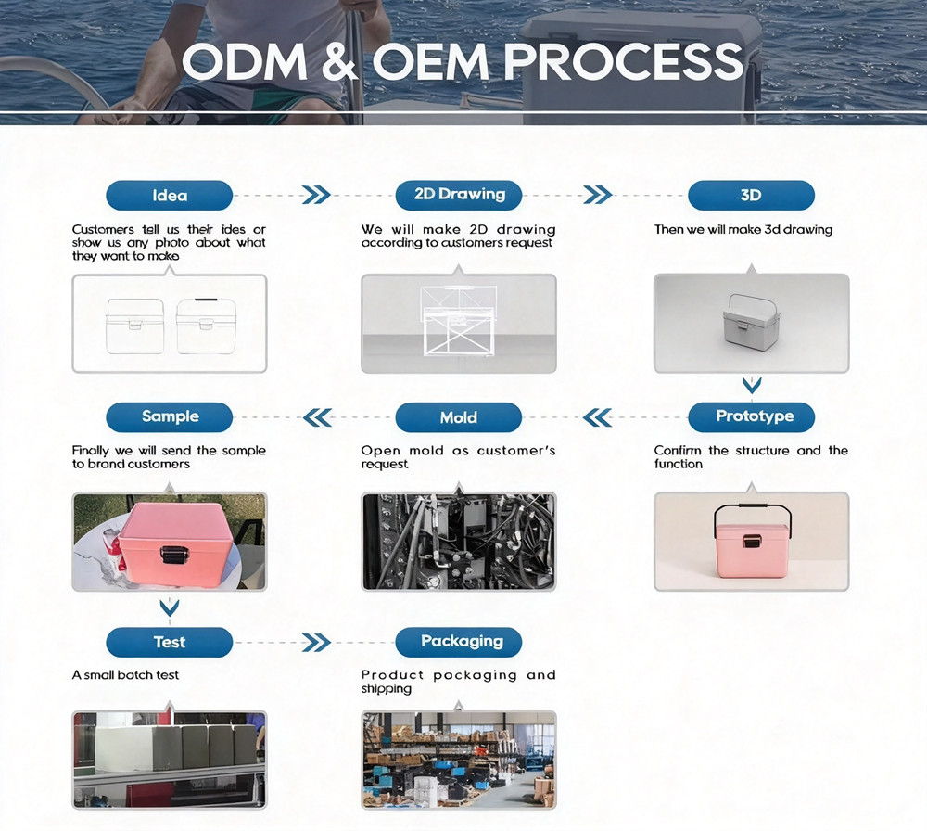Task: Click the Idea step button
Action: (169, 195)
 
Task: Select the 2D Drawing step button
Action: (459, 195)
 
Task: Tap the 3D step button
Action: (752, 195)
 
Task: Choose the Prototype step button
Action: (752, 417)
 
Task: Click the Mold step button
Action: (459, 417)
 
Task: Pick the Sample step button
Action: (169, 417)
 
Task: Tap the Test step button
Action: (169, 643)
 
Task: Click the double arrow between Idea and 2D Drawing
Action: (316, 195)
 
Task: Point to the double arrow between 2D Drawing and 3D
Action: (598, 195)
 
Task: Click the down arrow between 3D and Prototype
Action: (752, 386)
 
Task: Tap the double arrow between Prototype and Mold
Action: (597, 417)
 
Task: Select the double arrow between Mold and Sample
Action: (317, 417)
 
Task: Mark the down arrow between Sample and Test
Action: (170, 607)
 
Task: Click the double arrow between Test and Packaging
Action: (316, 643)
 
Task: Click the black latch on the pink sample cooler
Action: (174, 555)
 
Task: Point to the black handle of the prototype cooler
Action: (752, 508)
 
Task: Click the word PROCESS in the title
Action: (623, 61)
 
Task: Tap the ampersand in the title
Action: (340, 61)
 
